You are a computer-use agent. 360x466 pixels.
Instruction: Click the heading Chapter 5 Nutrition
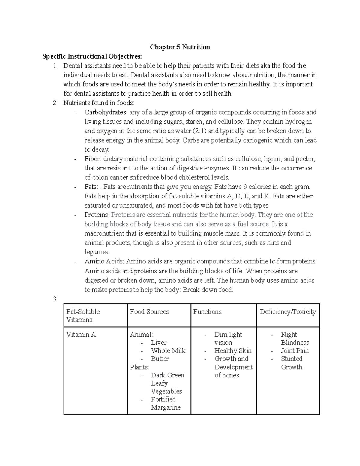click(x=180, y=47)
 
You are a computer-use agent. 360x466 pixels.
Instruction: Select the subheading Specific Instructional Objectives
click(x=92, y=56)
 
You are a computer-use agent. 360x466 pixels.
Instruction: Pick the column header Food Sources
click(x=149, y=312)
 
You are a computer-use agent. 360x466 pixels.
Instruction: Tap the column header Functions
click(x=207, y=312)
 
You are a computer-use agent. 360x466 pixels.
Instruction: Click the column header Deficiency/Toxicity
click(x=288, y=312)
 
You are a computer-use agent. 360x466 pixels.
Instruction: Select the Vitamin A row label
click(x=81, y=335)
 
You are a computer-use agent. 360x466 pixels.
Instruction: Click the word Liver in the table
click(x=159, y=343)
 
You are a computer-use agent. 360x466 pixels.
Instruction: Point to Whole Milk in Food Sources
click(x=168, y=351)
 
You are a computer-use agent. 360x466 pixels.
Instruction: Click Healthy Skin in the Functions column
click(x=233, y=351)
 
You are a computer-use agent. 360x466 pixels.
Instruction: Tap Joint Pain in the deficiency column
click(x=295, y=351)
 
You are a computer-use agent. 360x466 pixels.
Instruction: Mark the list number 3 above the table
click(x=55, y=299)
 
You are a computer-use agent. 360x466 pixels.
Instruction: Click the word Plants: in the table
click(x=139, y=367)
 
